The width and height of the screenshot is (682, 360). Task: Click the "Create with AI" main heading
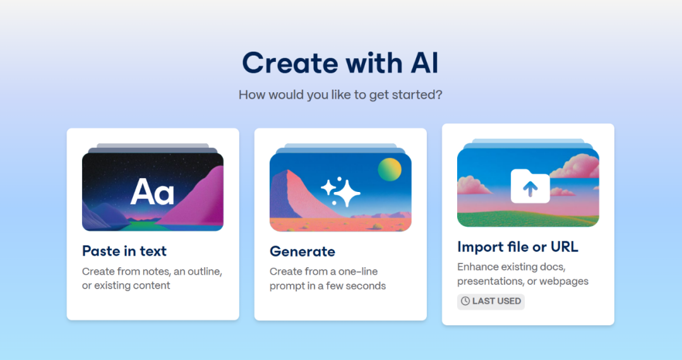(340, 63)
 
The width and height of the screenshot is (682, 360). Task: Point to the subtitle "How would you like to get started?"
(340, 95)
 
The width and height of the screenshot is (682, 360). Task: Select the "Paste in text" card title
(124, 251)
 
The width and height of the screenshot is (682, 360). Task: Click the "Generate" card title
(302, 251)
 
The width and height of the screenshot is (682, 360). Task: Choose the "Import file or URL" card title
(518, 247)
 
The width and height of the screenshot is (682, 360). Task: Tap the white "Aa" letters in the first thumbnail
(152, 192)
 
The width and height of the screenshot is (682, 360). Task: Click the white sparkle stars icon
(340, 191)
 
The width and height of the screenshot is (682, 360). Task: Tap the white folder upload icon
(530, 186)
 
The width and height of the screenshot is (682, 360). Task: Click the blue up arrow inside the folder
(530, 189)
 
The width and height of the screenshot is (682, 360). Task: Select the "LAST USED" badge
(491, 301)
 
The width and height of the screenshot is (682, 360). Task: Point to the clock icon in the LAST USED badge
(465, 301)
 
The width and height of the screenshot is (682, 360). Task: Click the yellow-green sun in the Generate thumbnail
(389, 169)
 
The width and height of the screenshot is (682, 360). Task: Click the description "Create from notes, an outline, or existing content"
(152, 279)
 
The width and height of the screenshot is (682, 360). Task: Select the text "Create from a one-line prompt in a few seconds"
(328, 279)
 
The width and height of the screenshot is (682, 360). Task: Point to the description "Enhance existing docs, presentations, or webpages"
(523, 274)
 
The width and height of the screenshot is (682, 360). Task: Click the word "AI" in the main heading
(424, 63)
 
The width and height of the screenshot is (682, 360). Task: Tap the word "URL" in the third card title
(565, 247)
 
